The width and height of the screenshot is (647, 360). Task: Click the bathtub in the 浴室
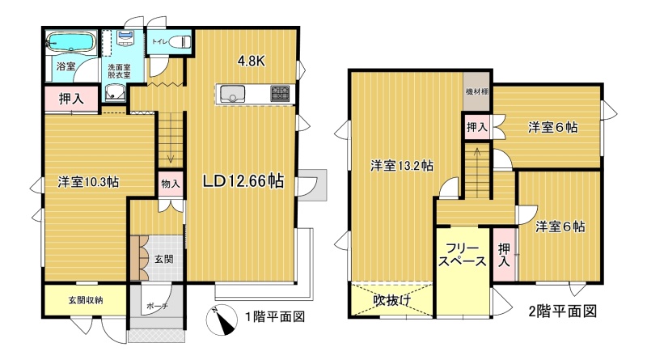[71, 43]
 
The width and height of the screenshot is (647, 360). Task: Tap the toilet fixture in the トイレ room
[180, 41]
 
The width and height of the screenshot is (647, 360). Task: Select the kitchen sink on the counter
[232, 93]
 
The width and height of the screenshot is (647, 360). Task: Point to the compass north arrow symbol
[222, 321]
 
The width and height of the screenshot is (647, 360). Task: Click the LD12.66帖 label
[243, 181]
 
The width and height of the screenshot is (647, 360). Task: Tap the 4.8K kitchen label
[251, 61]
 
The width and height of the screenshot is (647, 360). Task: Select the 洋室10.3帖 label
[88, 182]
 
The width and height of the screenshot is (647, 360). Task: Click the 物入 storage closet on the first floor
[171, 184]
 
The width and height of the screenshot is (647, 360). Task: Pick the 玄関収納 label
[86, 300]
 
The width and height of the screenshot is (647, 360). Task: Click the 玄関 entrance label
[164, 259]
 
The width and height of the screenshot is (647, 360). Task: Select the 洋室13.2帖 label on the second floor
[401, 166]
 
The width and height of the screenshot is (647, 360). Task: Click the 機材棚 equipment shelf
[477, 91]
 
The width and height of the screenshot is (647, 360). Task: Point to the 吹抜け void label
[392, 300]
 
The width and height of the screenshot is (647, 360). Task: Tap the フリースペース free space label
[462, 255]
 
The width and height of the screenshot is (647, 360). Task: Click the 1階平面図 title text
[275, 316]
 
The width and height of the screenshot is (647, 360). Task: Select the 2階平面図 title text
[563, 311]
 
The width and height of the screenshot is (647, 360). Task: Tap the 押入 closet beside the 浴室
[71, 99]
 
